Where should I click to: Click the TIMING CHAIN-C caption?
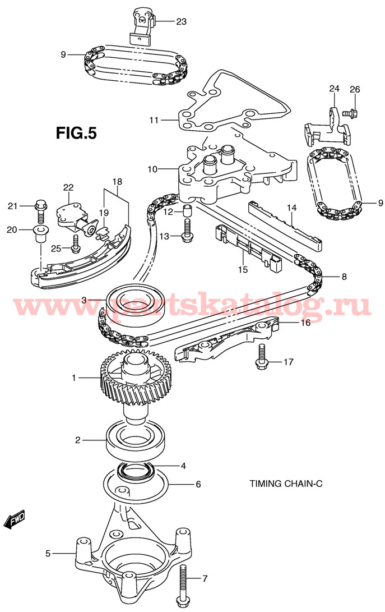click(x=286, y=483)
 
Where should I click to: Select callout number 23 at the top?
click(x=181, y=22)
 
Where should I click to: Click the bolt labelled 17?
click(x=261, y=357)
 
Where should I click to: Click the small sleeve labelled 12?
click(x=187, y=212)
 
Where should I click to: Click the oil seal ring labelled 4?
click(x=134, y=471)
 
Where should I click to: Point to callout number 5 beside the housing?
click(x=48, y=554)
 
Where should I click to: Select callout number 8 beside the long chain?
click(x=344, y=276)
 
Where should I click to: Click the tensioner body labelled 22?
click(x=70, y=213)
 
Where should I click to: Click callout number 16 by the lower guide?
click(x=305, y=323)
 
